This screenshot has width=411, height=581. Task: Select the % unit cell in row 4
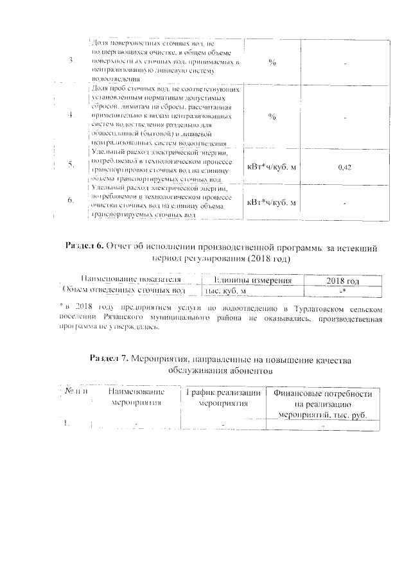tap(272, 117)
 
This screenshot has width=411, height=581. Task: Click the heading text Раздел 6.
tap(85, 247)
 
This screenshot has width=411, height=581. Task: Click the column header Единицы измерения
tap(254, 281)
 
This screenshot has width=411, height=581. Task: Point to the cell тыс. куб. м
tap(225, 291)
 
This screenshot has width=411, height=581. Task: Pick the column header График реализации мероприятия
tap(222, 398)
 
